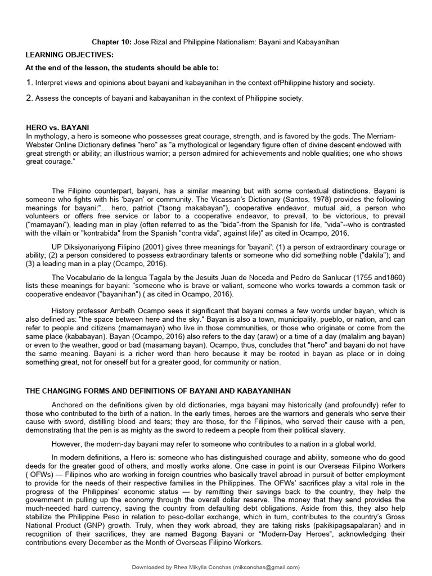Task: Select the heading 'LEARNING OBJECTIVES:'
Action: click(x=69, y=55)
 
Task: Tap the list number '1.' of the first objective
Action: click(x=30, y=83)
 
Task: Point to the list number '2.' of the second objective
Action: click(x=30, y=98)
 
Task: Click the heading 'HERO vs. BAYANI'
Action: click(x=57, y=128)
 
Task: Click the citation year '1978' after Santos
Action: click(x=318, y=199)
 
